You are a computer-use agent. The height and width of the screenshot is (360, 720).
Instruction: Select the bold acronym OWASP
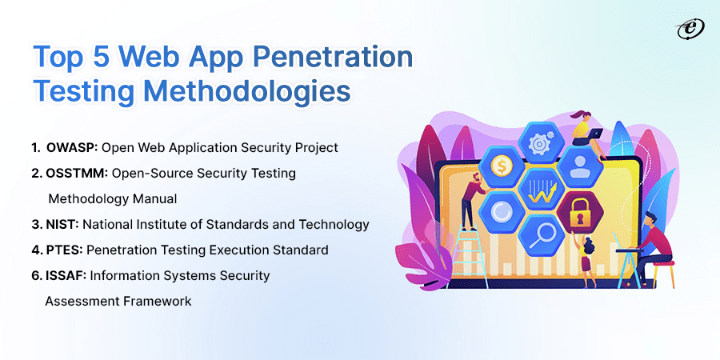(x=72, y=147)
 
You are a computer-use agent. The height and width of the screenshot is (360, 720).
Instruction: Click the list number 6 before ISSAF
(x=35, y=276)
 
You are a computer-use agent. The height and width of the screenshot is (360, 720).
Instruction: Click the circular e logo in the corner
(x=690, y=30)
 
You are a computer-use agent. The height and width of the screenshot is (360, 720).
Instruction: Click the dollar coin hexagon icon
(x=498, y=166)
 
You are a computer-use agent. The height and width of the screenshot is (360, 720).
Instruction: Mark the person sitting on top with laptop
(x=586, y=132)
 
